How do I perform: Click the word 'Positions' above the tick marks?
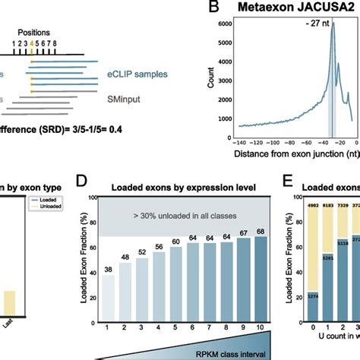33,32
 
